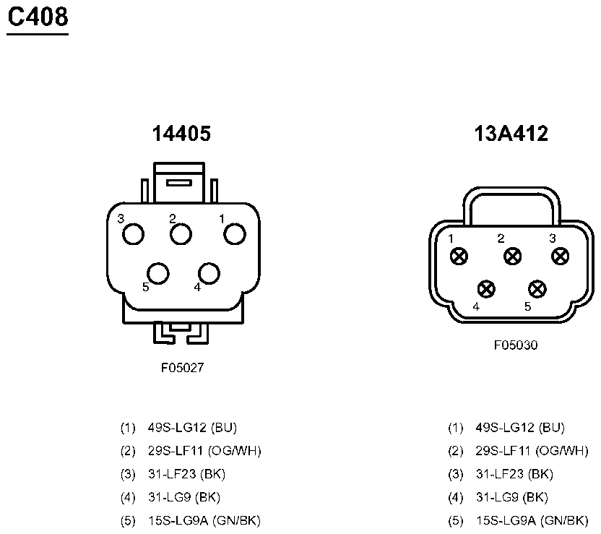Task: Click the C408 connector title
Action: (38, 17)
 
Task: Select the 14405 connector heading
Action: (181, 134)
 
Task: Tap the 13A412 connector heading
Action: (511, 134)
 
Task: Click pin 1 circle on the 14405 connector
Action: (235, 234)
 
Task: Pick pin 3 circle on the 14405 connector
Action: (133, 234)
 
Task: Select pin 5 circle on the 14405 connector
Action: (158, 273)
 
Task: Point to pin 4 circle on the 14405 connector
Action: (209, 273)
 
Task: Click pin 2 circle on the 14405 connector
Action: (181, 234)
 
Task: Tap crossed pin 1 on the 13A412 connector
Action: (459, 256)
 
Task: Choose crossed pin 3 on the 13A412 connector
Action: (560, 256)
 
